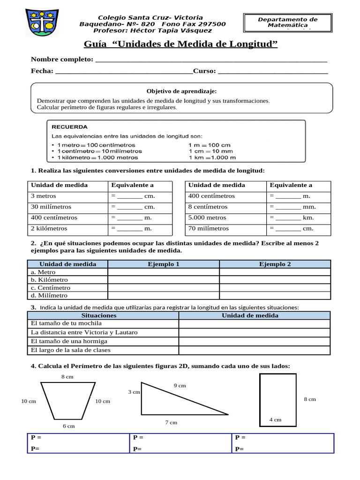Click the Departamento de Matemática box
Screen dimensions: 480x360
(287, 22)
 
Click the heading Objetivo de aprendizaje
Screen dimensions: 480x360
(181, 91)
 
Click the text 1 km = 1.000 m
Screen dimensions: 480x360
(212, 157)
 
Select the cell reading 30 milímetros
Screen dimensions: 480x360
(51, 207)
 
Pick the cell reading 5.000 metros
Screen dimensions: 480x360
(208, 217)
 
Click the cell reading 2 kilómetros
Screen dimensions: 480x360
(49, 228)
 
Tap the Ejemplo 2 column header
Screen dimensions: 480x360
(275, 264)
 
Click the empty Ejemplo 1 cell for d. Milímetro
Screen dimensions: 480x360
(164, 295)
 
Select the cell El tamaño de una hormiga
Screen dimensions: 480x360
(69, 341)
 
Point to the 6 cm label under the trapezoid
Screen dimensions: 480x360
(68, 426)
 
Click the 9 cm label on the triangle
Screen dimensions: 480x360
(180, 385)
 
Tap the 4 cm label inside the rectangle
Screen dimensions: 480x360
(275, 420)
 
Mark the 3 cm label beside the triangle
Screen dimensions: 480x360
(134, 392)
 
